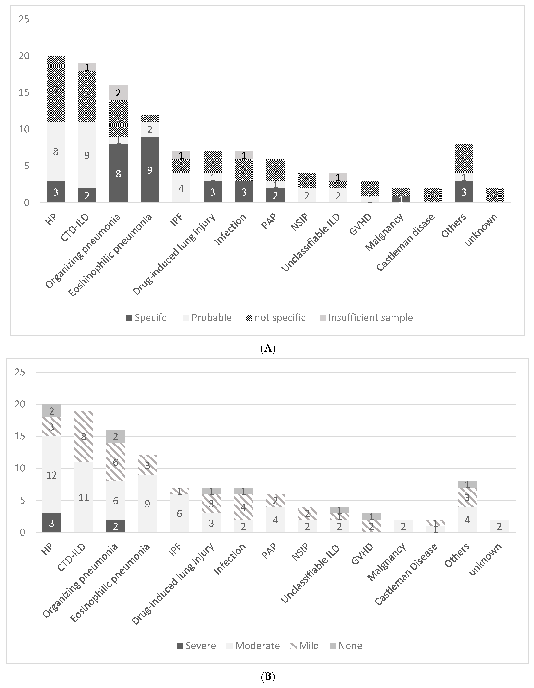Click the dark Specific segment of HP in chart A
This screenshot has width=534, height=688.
pos(55,192)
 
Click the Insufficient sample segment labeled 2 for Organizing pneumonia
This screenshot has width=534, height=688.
pos(118,93)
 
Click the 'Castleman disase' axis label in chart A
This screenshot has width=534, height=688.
pos(406,242)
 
